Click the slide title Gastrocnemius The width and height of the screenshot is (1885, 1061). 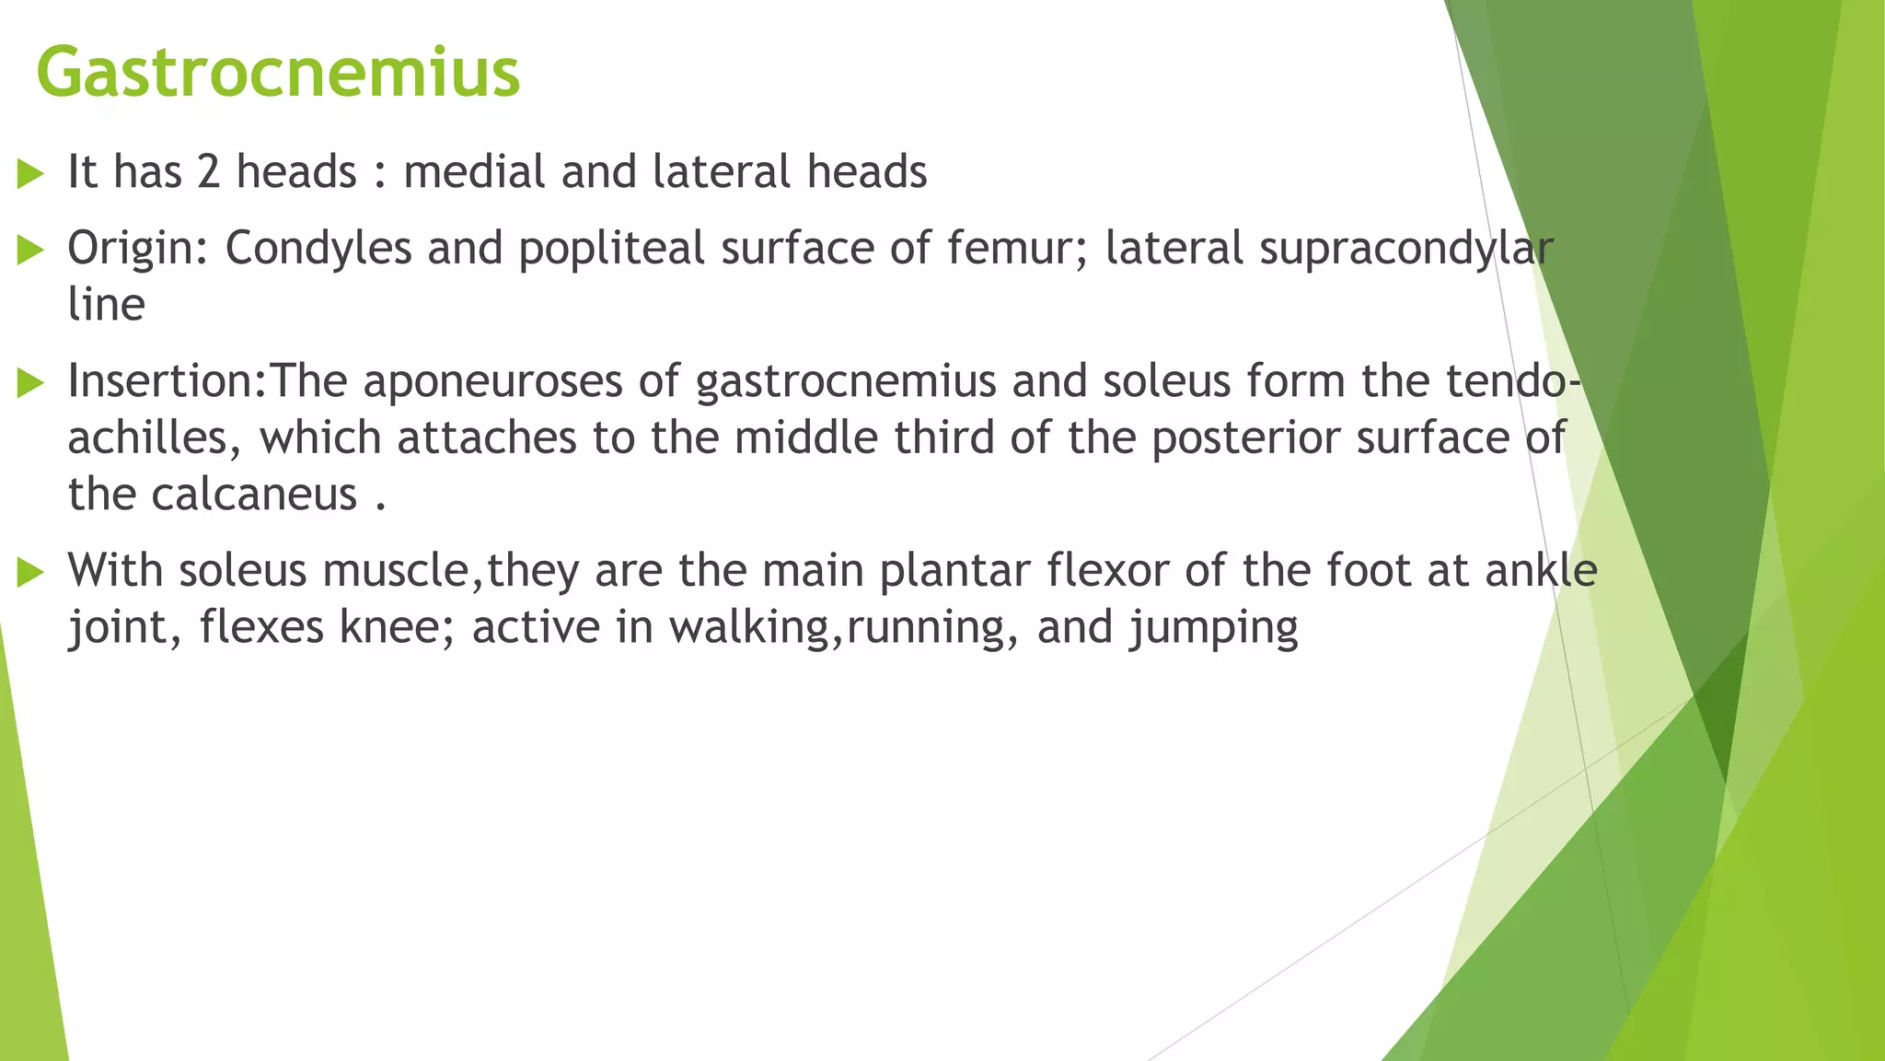(x=278, y=74)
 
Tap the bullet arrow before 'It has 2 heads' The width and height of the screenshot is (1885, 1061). (x=30, y=174)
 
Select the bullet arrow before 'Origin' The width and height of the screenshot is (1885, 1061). (x=30, y=250)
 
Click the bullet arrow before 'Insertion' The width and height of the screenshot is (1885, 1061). (x=30, y=383)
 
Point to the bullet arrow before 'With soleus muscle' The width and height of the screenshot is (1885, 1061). (x=30, y=572)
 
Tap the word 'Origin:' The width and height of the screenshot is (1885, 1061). (x=138, y=250)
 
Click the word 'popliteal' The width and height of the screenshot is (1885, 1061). (x=611, y=250)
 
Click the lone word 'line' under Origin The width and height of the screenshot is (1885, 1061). (x=106, y=305)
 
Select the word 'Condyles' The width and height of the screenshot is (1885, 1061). (x=318, y=250)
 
